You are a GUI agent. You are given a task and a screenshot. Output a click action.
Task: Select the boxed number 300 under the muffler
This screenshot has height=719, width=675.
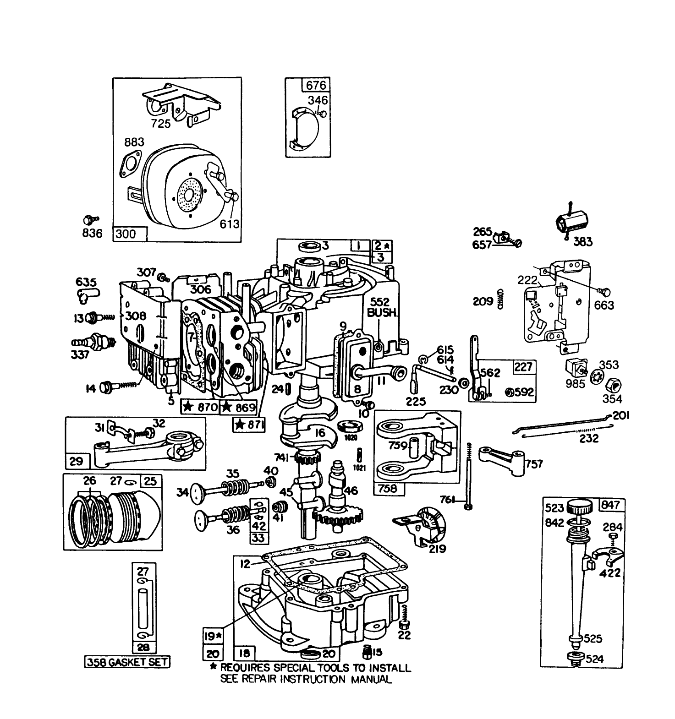click(x=126, y=234)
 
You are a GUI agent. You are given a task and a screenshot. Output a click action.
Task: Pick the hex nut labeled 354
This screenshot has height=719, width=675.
click(x=612, y=384)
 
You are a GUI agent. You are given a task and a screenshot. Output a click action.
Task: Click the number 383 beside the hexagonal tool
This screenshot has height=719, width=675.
click(x=583, y=241)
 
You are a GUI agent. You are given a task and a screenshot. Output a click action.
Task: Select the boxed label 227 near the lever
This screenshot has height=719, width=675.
click(x=523, y=367)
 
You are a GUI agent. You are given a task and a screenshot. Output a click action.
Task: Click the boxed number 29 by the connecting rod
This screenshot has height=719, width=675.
click(x=77, y=461)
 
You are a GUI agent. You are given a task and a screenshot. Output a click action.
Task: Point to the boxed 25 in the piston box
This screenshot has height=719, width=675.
click(x=150, y=481)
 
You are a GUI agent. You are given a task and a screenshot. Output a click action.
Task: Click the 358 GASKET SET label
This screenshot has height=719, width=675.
click(x=127, y=662)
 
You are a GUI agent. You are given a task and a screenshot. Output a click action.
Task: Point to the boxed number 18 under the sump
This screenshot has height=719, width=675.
click(x=245, y=654)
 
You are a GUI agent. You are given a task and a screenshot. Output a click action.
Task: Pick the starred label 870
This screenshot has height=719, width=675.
click(x=200, y=406)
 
